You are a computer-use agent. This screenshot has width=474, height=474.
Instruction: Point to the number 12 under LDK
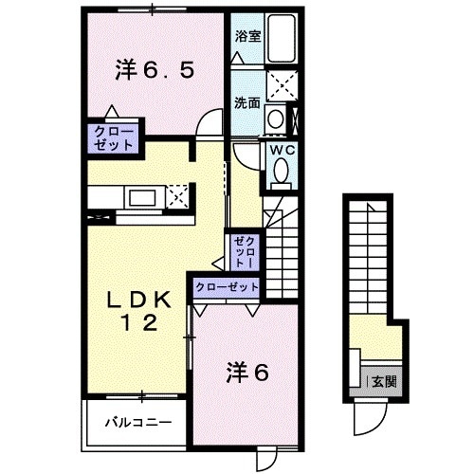click(137, 324)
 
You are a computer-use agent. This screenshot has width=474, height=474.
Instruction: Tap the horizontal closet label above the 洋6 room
click(226, 286)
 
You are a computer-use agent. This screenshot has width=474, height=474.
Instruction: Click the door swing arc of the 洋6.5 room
click(210, 122)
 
